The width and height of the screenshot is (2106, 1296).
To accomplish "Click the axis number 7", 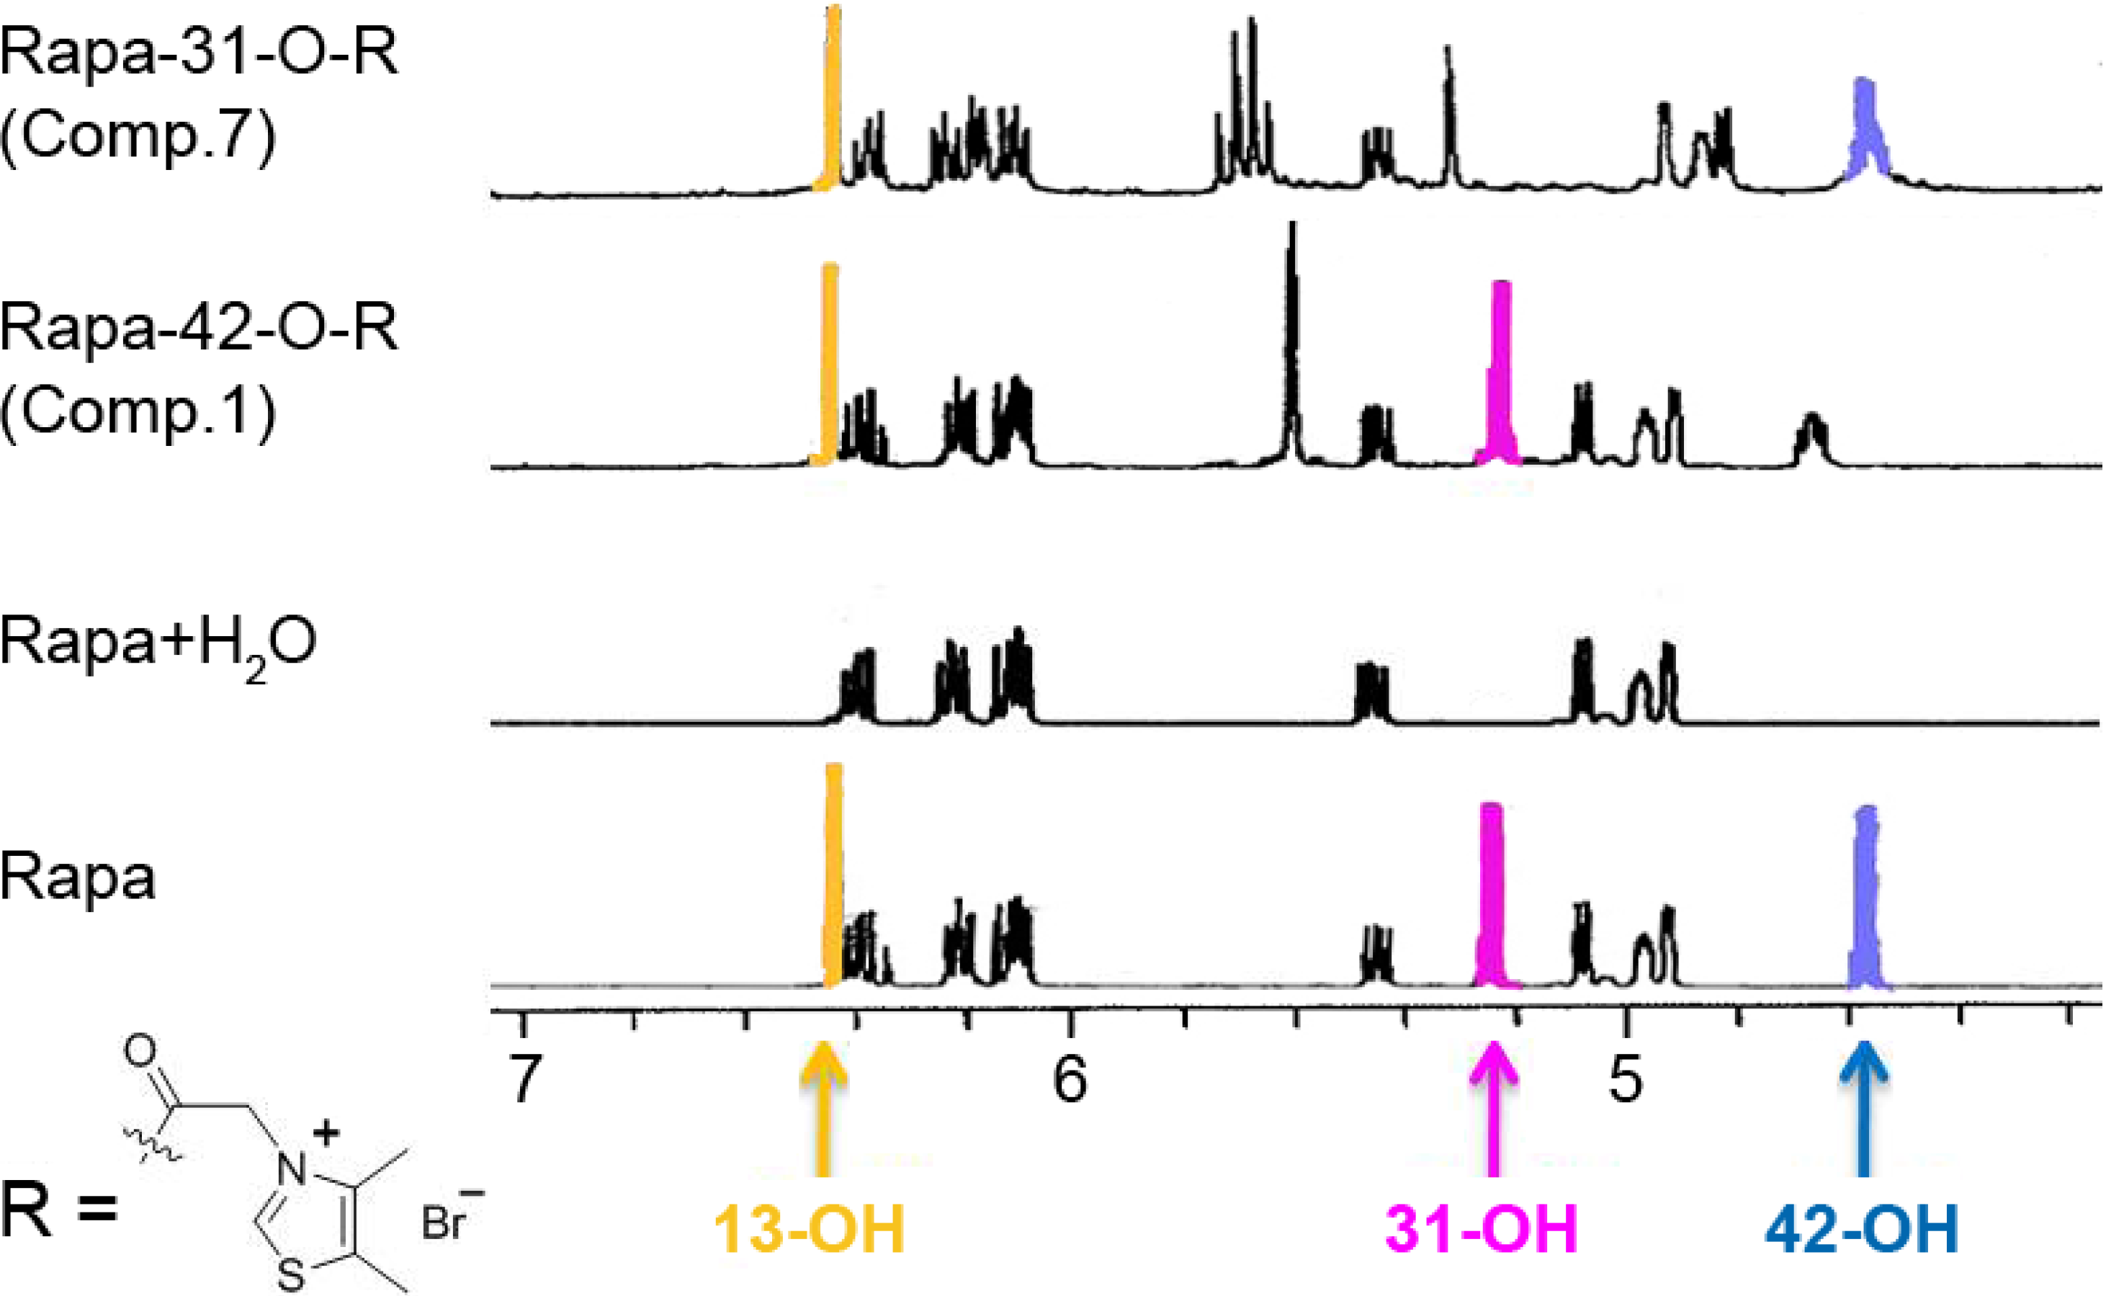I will [x=524, y=1079].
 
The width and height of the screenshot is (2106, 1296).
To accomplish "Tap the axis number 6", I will [x=1070, y=1079].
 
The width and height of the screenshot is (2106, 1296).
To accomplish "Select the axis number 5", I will [x=1626, y=1079].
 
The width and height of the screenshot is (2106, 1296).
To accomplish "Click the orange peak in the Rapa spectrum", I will [x=833, y=875].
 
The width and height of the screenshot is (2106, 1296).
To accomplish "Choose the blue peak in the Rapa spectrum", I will [x=1866, y=900].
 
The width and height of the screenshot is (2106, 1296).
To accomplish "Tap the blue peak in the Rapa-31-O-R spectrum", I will [x=1865, y=128].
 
